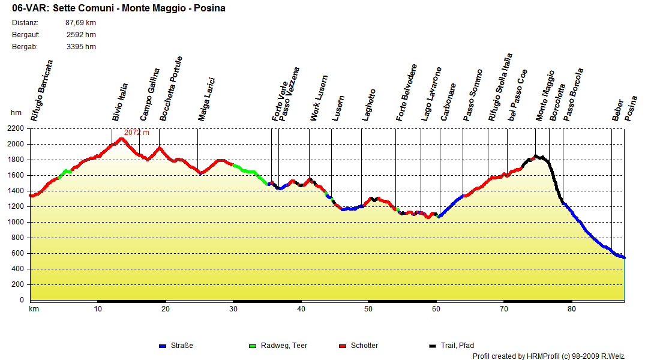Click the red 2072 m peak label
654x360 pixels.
pyautogui.click(x=136, y=133)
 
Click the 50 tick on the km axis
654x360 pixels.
pyautogui.click(x=368, y=309)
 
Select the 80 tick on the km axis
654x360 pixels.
pyautogui.click(x=571, y=309)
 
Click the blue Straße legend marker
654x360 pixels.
pyautogui.click(x=162, y=346)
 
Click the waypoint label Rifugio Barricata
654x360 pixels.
pyautogui.click(x=43, y=91)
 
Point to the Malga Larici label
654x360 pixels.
pyautogui.click(x=206, y=100)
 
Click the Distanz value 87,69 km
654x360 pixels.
pyautogui.click(x=80, y=23)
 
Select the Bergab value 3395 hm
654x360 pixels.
pyautogui.click(x=81, y=47)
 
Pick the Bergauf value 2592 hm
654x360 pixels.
pyautogui.click(x=81, y=35)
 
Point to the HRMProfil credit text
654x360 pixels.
pyautogui.click(x=548, y=356)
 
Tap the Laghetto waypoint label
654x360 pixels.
pyautogui.click(x=369, y=106)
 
